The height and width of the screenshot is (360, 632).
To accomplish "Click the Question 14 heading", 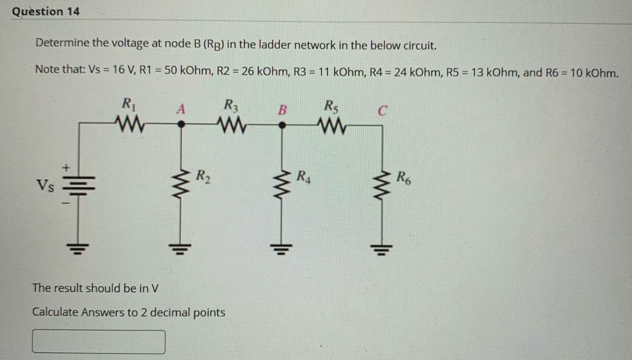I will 46,12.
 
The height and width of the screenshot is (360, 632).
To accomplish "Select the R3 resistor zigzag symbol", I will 229,121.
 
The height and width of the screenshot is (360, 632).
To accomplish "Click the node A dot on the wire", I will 181,125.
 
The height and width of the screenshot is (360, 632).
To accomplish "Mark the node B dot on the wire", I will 282,125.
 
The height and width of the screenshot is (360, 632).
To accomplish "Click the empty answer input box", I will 99,342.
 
